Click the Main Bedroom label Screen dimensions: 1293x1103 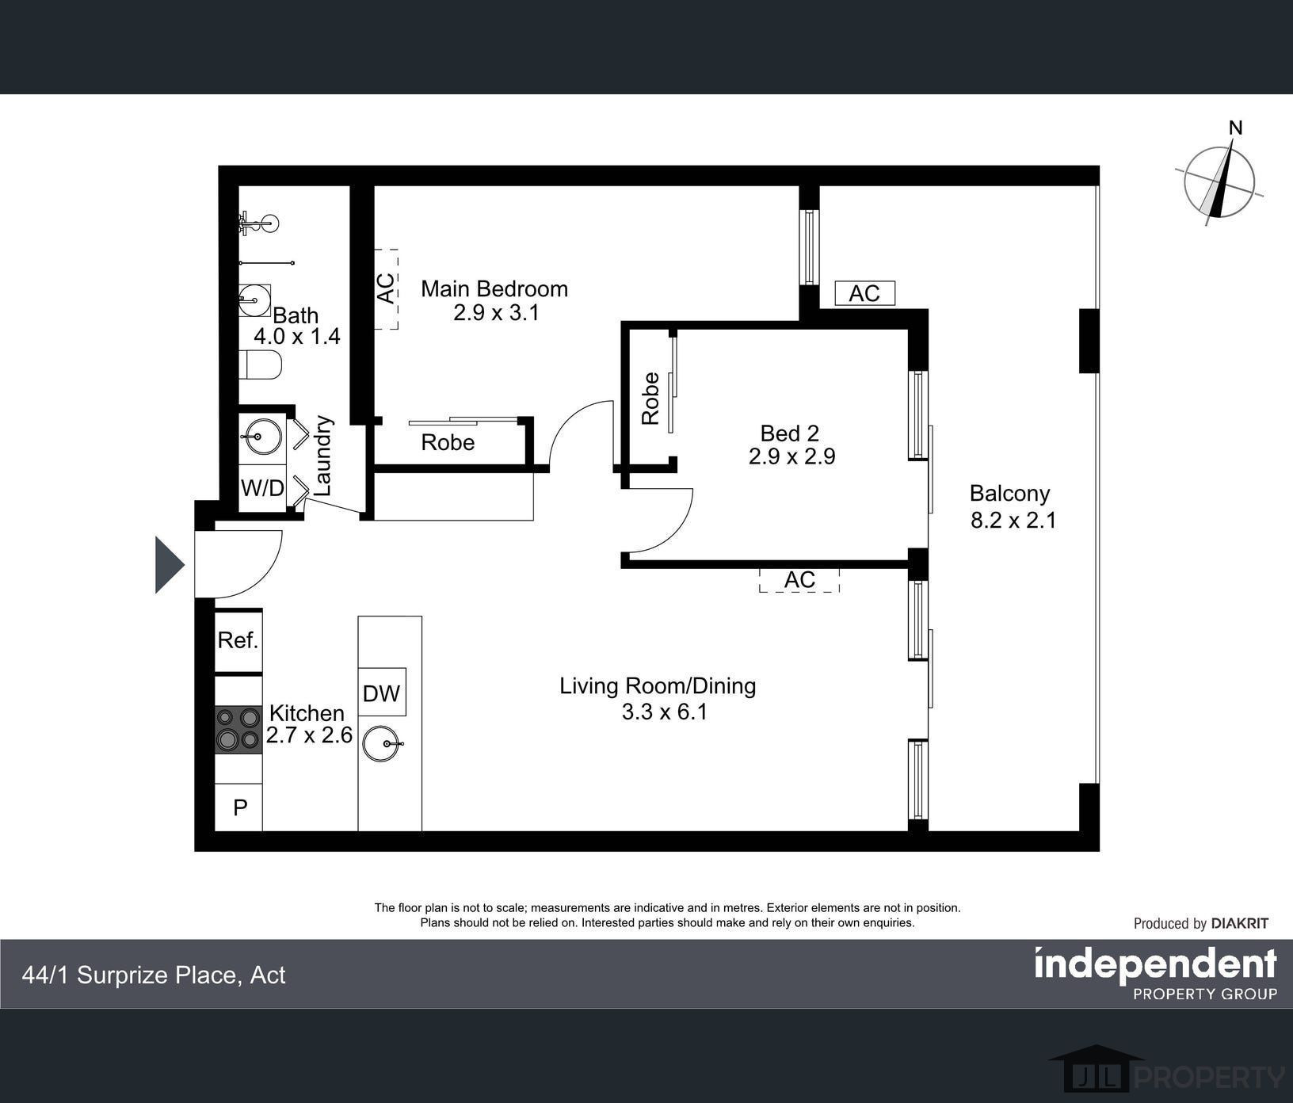pyautogui.click(x=494, y=288)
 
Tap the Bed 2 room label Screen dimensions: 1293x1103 pyautogui.click(x=789, y=433)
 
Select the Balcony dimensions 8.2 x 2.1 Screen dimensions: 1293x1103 pyautogui.click(x=1013, y=521)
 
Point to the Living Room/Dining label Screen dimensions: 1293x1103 pyautogui.click(x=658, y=685)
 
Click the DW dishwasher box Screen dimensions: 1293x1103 pyautogui.click(x=382, y=693)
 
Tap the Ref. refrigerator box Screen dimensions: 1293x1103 pyautogui.click(x=238, y=640)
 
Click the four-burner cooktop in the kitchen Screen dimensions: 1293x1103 pyautogui.click(x=238, y=729)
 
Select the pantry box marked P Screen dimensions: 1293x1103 pyautogui.click(x=239, y=807)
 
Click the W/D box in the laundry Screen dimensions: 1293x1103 pyautogui.click(x=262, y=488)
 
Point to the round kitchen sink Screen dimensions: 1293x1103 pyautogui.click(x=382, y=744)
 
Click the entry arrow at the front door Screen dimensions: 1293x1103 pyautogui.click(x=170, y=565)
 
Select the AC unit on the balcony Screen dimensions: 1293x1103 pyautogui.click(x=864, y=293)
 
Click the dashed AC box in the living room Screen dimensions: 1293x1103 pyautogui.click(x=799, y=580)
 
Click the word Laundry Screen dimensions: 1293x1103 pyautogui.click(x=323, y=456)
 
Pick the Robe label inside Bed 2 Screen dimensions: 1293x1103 pyautogui.click(x=650, y=399)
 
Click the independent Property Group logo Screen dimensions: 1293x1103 pyautogui.click(x=1156, y=974)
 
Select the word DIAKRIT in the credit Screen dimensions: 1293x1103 pyautogui.click(x=1240, y=923)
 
